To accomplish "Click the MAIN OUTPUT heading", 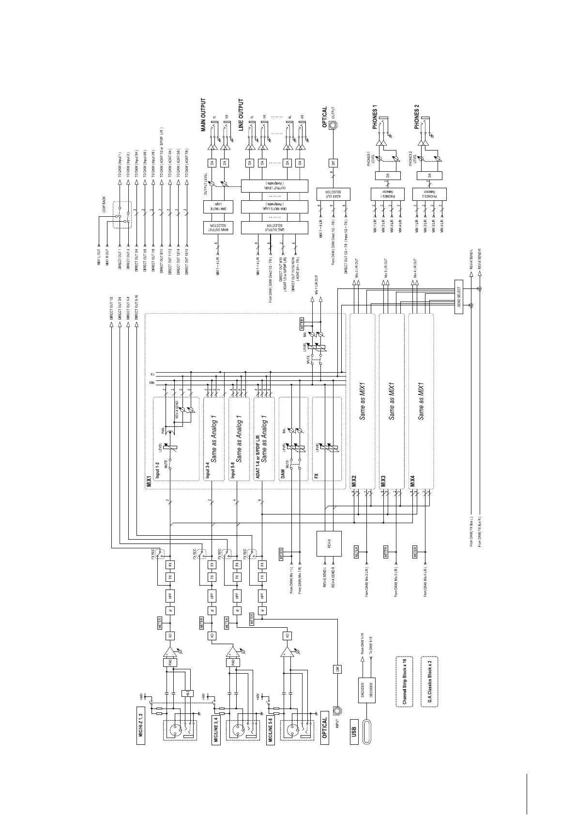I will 203,115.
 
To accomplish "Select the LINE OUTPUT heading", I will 241,115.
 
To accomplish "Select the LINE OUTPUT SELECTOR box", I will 274,228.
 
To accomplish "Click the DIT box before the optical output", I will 333,163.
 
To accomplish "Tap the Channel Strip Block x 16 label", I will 405,682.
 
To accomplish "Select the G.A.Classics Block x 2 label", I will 430,682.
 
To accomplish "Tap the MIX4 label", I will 412,481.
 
